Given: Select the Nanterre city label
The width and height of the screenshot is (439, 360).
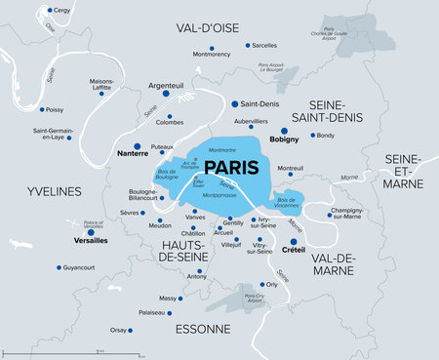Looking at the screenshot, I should (x=118, y=153).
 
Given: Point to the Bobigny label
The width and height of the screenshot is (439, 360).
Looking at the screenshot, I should (x=284, y=140).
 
